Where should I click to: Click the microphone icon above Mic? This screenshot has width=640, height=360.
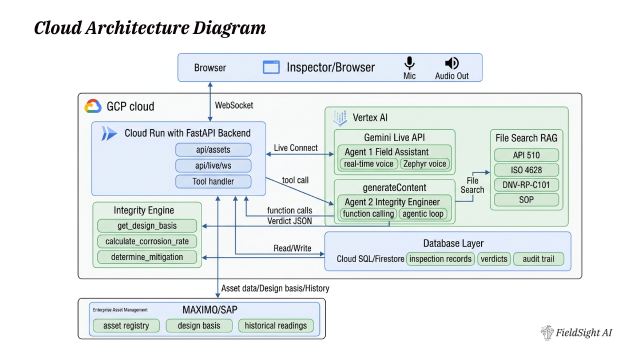click(x=409, y=63)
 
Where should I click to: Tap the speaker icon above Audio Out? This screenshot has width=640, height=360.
click(x=451, y=63)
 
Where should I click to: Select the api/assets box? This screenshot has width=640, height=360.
click(x=213, y=149)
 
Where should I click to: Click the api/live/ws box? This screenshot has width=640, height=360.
click(x=213, y=165)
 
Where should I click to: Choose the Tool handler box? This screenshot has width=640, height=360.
click(x=213, y=181)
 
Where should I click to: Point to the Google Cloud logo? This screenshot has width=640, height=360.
click(x=93, y=106)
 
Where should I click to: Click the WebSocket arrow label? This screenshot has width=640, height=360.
click(x=234, y=105)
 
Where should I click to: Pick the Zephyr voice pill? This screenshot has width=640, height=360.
click(x=425, y=163)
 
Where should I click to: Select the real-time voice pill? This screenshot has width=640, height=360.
click(x=369, y=163)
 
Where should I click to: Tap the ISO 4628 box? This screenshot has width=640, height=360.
click(x=526, y=170)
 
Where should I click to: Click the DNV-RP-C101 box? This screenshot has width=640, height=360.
click(x=526, y=184)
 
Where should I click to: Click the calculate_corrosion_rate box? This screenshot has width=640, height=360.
click(x=147, y=241)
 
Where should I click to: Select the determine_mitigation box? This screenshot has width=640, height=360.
click(x=147, y=257)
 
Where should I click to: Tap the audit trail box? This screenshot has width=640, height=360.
click(x=538, y=259)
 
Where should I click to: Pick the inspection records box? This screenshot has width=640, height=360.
click(x=440, y=259)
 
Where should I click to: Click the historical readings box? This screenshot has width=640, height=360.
click(x=275, y=326)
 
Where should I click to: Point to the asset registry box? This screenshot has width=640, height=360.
click(x=126, y=326)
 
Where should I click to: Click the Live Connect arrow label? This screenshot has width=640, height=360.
click(x=295, y=148)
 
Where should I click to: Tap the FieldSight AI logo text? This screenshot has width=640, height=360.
click(x=583, y=333)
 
